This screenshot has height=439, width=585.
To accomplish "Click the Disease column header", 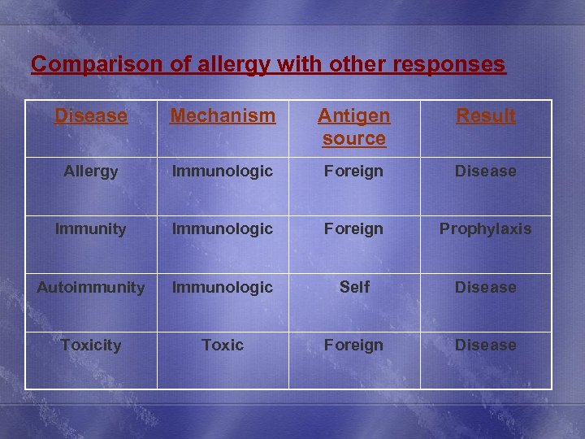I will point(91,116).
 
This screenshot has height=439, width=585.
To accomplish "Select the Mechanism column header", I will point(223,116).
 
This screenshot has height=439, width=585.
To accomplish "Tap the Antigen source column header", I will point(353,127).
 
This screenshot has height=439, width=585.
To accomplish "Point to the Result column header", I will point(485,116).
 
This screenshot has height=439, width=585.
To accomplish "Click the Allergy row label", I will point(91,172).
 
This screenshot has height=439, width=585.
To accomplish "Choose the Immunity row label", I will point(91,229).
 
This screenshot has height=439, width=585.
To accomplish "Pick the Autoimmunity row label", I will point(91,287).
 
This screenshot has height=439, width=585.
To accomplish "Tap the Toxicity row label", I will point(91,346).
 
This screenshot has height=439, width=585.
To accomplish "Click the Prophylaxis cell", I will point(485,229).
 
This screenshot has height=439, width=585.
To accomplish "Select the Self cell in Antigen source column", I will point(354,287).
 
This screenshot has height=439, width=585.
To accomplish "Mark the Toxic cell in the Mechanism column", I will point(223,346).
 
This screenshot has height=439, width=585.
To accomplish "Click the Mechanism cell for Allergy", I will point(223,172).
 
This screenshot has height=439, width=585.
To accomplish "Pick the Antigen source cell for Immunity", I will point(353,229).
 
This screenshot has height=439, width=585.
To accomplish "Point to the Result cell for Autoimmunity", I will point(485,287).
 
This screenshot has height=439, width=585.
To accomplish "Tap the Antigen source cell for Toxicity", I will point(353,346).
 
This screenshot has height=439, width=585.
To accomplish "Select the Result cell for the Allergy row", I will point(485,172).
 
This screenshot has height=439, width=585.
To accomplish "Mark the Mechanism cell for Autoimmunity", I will point(223,287).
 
